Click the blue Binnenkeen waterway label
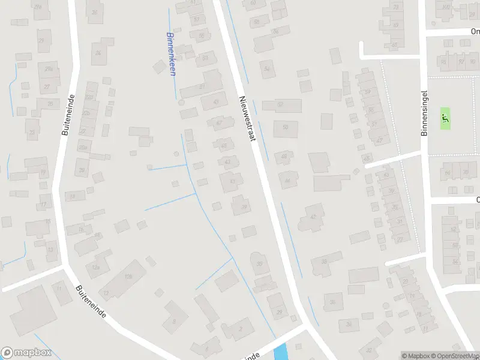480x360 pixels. (x=171, y=53)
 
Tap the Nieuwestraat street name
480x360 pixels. (x=248, y=119)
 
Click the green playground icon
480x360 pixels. (x=445, y=117)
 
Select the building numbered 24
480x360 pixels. (x=98, y=53)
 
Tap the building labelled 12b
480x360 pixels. (x=127, y=277)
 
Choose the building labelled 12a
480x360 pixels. (x=96, y=266)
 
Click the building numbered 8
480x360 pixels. (x=175, y=322)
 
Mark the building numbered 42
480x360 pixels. (x=313, y=217)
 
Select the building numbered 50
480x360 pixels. (x=286, y=127)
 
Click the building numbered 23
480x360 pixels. (x=32, y=131)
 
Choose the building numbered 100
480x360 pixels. (x=445, y=7)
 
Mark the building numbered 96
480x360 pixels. (x=462, y=62)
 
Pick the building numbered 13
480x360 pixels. (x=106, y=292)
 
